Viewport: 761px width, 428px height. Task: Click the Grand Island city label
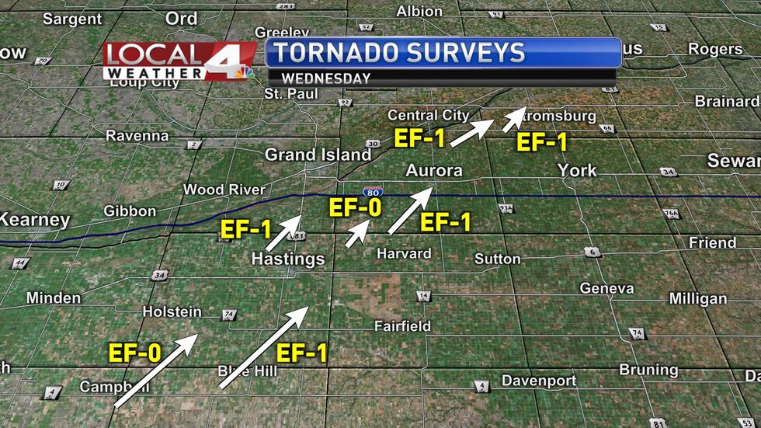pyautogui.click(x=313, y=155)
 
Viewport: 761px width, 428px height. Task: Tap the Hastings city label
pyautogui.click(x=287, y=259)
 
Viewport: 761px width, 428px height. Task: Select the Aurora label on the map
pyautogui.click(x=433, y=171)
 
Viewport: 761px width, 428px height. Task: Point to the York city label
pyautogui.click(x=577, y=171)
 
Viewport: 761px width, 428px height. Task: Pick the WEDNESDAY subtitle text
pyautogui.click(x=325, y=78)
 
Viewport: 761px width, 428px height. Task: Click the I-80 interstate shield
pyautogui.click(x=372, y=191)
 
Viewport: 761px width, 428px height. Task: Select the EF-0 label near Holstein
pyautogui.click(x=134, y=353)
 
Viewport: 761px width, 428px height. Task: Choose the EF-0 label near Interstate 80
pyautogui.click(x=356, y=208)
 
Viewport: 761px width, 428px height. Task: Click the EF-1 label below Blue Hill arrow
pyautogui.click(x=302, y=353)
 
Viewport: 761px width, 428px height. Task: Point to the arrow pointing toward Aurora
pyautogui.click(x=410, y=211)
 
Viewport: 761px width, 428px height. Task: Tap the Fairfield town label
pyautogui.click(x=402, y=326)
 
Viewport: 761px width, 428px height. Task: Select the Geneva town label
pyautogui.click(x=606, y=288)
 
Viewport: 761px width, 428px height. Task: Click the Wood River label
pyautogui.click(x=224, y=190)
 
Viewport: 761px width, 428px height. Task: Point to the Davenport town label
pyautogui.click(x=539, y=381)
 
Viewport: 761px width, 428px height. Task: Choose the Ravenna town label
pyautogui.click(x=137, y=136)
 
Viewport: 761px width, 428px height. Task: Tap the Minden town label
pyautogui.click(x=54, y=298)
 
